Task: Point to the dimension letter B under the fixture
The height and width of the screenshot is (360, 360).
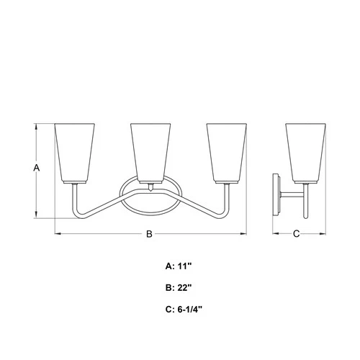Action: click(150, 233)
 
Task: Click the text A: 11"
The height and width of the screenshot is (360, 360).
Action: click(180, 266)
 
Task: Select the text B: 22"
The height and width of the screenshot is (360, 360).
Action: click(180, 288)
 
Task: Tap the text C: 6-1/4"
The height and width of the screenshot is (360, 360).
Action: click(184, 310)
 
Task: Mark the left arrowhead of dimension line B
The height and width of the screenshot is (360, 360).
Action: click(58, 233)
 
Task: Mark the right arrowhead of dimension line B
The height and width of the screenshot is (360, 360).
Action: click(244, 233)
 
